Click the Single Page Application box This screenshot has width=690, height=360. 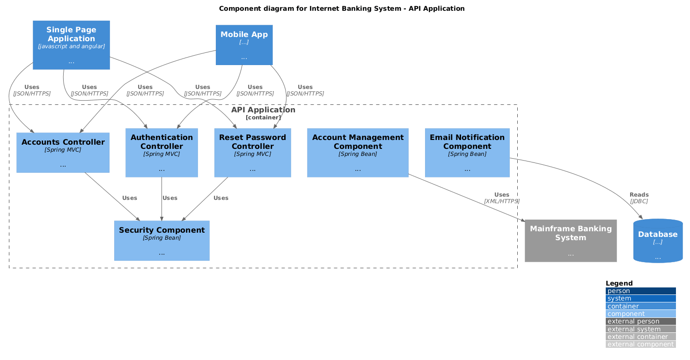click(x=71, y=45)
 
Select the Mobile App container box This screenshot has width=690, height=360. click(x=244, y=45)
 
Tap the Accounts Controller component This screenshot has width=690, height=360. click(x=63, y=153)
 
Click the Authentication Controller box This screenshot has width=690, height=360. click(x=161, y=153)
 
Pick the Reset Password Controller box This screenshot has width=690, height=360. click(x=252, y=153)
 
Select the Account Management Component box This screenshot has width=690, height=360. click(x=358, y=153)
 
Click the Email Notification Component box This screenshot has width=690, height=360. click(x=467, y=153)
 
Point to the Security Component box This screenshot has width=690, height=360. click(x=161, y=241)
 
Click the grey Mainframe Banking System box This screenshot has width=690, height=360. click(x=571, y=241)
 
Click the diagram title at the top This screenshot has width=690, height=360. click(x=342, y=8)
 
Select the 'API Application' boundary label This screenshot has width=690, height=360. click(x=263, y=110)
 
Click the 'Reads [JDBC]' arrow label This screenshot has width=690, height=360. click(x=639, y=198)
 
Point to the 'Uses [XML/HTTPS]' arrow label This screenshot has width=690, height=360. click(x=502, y=198)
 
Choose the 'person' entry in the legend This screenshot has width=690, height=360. click(x=640, y=291)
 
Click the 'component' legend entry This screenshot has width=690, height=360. click(x=640, y=314)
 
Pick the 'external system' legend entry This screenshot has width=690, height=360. click(x=640, y=329)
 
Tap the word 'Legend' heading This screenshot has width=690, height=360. click(x=619, y=283)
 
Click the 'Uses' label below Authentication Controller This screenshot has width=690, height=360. click(x=170, y=198)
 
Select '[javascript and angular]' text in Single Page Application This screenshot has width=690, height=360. click(x=71, y=46)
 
